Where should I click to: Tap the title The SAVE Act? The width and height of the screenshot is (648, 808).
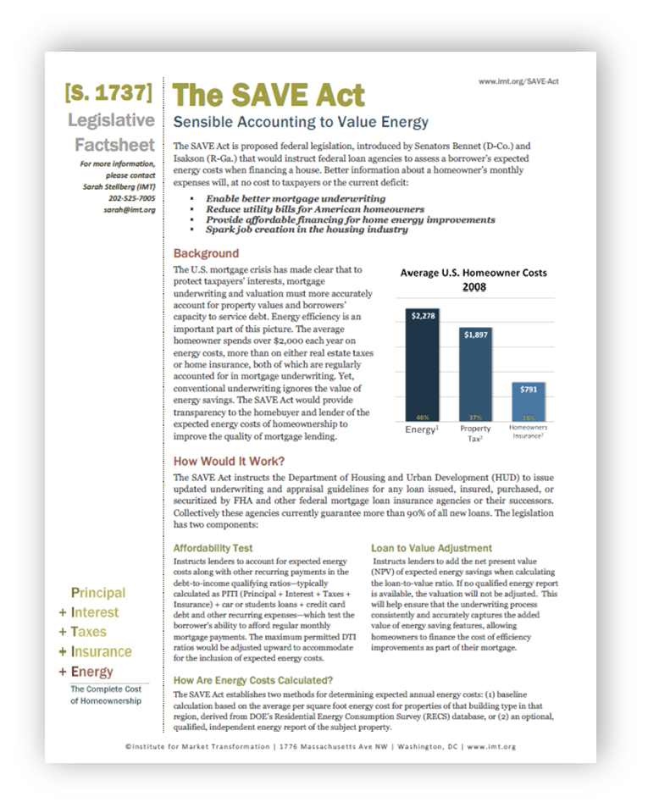click(x=269, y=95)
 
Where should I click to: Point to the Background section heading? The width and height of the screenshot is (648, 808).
click(x=206, y=253)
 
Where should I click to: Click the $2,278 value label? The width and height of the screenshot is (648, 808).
click(x=421, y=316)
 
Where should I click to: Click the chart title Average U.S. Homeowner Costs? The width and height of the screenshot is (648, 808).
click(x=473, y=273)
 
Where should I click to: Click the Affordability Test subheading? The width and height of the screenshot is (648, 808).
click(x=213, y=548)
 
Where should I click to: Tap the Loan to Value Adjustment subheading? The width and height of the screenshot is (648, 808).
click(x=431, y=548)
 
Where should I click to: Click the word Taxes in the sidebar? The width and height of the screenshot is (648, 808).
click(x=88, y=632)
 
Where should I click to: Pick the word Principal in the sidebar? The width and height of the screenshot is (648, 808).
click(x=98, y=593)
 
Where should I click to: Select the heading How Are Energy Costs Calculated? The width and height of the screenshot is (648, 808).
click(x=252, y=680)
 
